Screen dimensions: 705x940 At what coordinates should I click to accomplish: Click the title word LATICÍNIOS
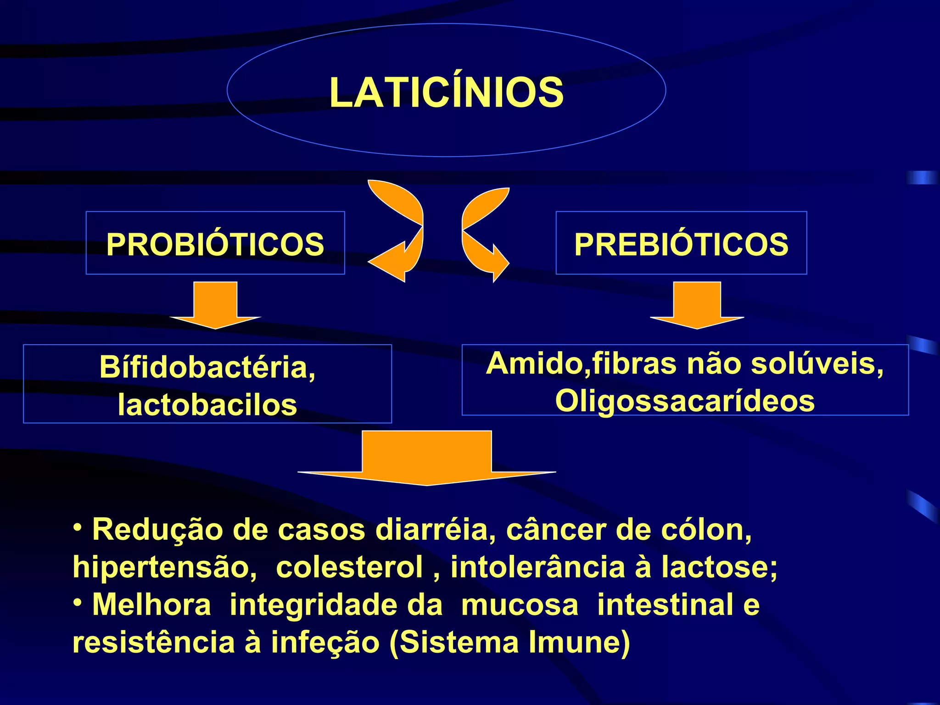[x=446, y=93]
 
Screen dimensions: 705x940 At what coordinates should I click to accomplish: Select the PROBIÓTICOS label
[x=215, y=244]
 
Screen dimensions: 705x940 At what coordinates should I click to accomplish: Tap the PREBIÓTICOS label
[x=681, y=244]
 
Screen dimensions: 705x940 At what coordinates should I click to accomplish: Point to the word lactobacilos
[x=207, y=405]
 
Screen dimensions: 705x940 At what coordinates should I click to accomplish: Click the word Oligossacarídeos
[x=685, y=401]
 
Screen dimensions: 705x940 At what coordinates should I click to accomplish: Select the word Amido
[x=535, y=364]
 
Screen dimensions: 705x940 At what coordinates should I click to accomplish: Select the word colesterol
[x=349, y=567]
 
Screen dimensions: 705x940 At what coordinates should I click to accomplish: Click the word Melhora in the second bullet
[x=151, y=604]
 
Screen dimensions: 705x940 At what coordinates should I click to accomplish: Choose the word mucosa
[x=520, y=604]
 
